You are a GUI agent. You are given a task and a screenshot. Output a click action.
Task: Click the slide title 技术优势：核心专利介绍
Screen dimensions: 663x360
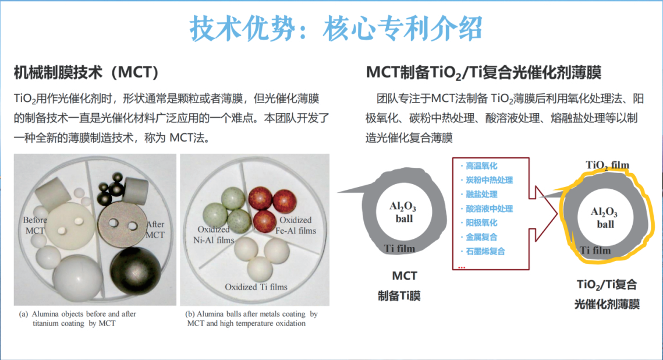336,29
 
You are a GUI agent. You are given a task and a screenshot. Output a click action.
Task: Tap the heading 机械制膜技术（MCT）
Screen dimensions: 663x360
87,72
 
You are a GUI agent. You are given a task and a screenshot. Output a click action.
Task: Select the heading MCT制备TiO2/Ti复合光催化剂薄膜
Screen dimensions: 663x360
484,73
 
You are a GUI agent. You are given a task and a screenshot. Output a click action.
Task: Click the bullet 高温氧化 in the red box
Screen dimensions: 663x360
481,166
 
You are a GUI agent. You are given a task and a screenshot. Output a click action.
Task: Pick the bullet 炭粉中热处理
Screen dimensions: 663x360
489,180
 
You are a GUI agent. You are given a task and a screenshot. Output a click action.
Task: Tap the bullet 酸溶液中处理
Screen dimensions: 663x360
489,209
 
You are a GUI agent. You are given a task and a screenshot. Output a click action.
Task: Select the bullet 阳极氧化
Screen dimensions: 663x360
481,223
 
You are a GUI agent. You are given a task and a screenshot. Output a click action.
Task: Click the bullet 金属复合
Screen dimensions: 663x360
481,237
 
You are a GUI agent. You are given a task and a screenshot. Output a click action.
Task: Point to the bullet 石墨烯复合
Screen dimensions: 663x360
485,251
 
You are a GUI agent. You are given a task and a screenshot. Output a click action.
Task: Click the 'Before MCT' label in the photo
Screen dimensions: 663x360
35,225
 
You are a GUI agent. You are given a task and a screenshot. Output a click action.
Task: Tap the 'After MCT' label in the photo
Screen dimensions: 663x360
155,230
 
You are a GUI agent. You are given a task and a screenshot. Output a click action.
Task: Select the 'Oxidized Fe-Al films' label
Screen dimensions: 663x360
296,225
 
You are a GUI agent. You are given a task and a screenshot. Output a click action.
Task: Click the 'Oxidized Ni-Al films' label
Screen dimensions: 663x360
214,235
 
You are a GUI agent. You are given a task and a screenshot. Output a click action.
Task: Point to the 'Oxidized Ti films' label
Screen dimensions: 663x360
256,287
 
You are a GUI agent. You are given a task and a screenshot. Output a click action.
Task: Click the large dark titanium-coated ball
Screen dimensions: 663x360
135,271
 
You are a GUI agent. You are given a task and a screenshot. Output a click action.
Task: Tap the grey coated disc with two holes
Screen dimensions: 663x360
122,224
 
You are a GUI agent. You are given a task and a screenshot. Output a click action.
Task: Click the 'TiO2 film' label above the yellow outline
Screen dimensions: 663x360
607,165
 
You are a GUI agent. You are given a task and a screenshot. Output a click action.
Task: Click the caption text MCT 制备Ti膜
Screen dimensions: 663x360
399,285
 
